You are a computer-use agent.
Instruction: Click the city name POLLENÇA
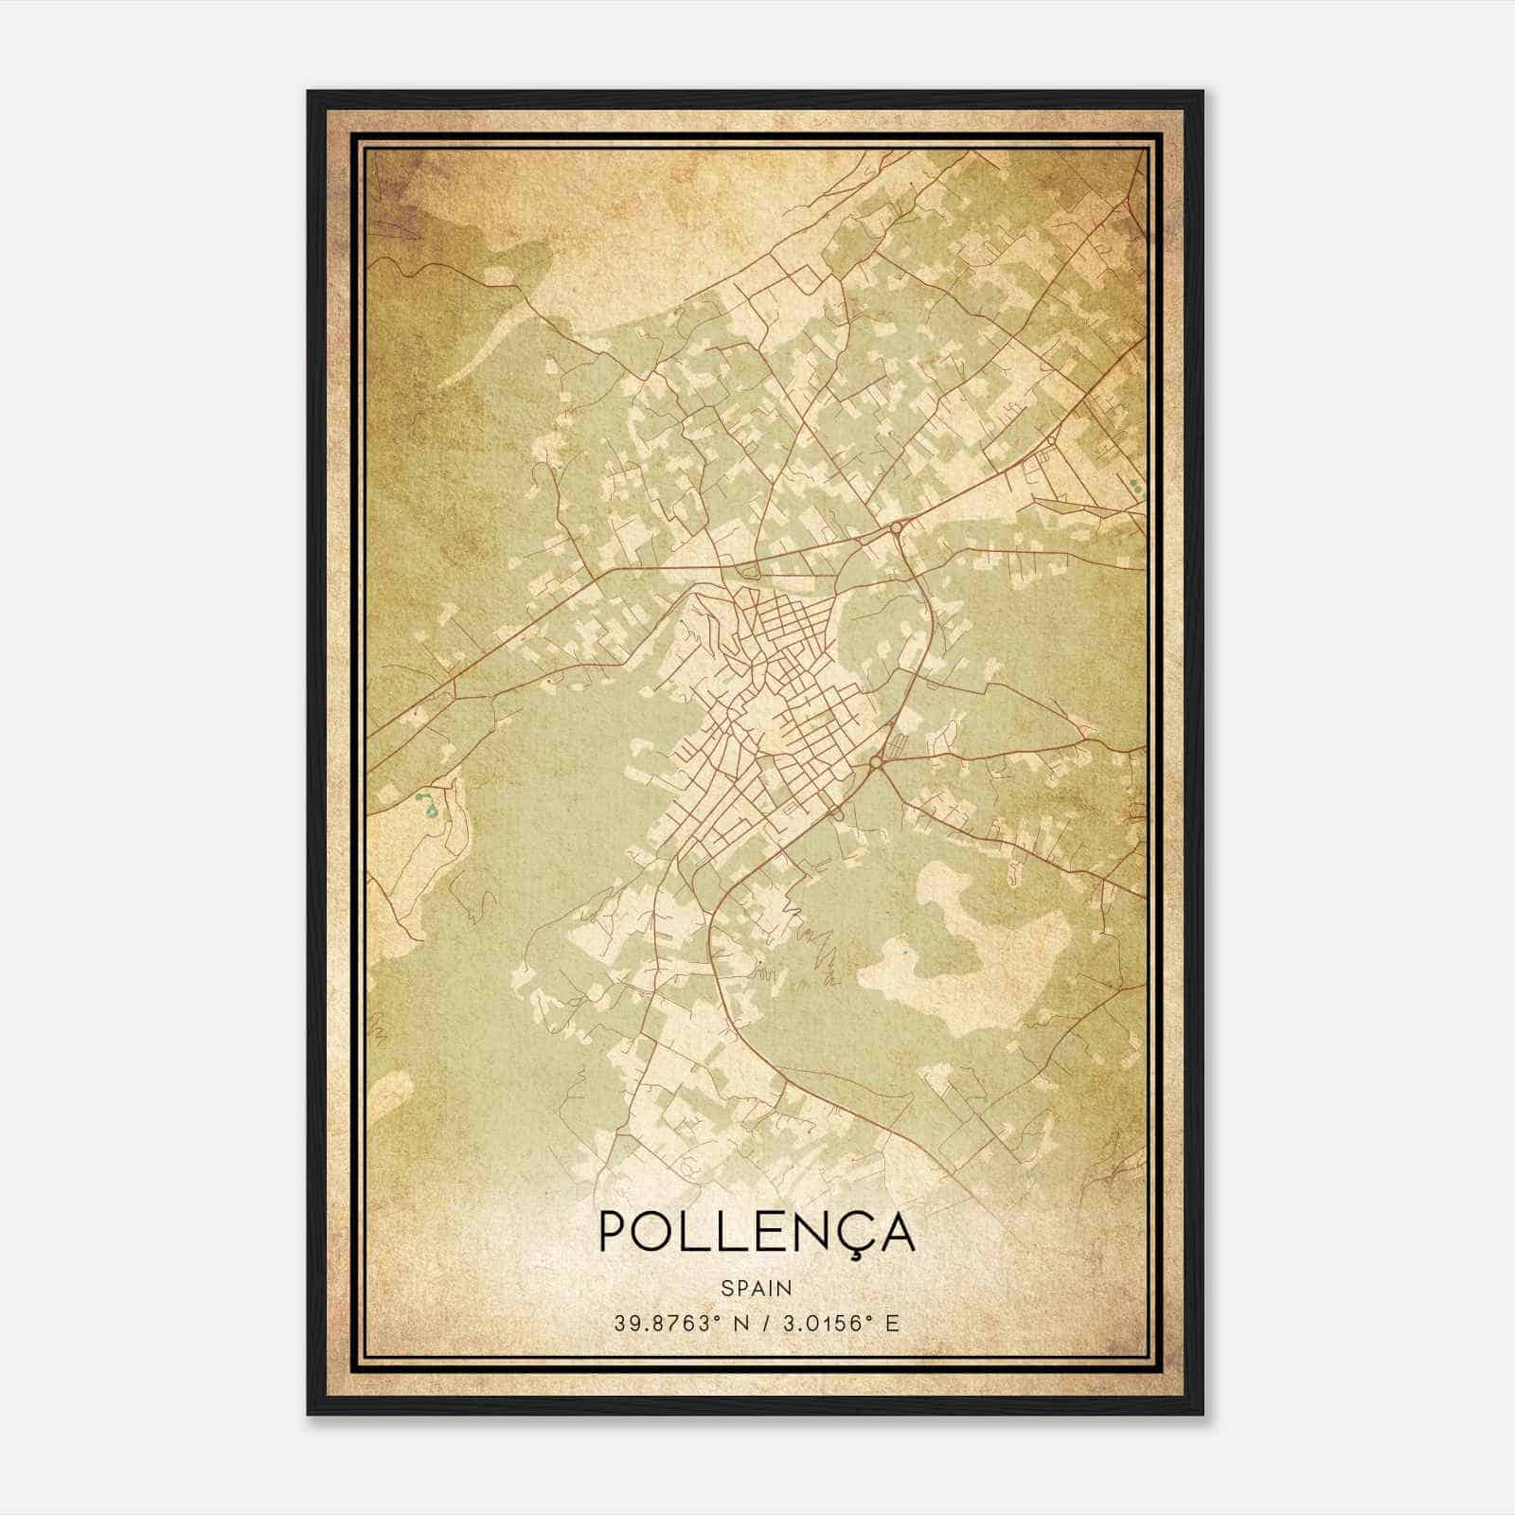pyautogui.click(x=757, y=1230)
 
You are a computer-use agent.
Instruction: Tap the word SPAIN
pyautogui.click(x=757, y=1288)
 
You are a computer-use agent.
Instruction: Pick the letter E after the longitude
pyautogui.click(x=891, y=1324)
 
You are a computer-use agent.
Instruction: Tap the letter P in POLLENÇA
pyautogui.click(x=615, y=1230)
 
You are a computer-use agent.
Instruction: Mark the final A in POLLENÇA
pyautogui.click(x=894, y=1230)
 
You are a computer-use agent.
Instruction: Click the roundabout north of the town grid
pyautogui.click(x=896, y=528)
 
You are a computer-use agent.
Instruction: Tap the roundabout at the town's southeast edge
pyautogui.click(x=876, y=761)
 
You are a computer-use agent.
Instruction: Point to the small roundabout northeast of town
pyautogui.click(x=1052, y=440)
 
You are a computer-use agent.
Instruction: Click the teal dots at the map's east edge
pyautogui.click(x=1134, y=487)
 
